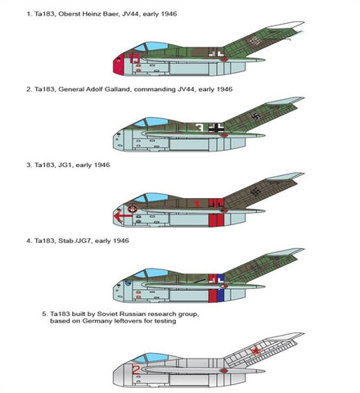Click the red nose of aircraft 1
click(x=119, y=64)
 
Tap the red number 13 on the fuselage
click(x=134, y=58)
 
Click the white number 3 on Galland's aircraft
click(x=200, y=128)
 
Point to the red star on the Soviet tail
click(x=256, y=350)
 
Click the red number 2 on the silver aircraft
click(x=136, y=370)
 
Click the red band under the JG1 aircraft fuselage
click(x=216, y=220)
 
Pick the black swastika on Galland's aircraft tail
click(x=255, y=117)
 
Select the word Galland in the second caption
click(x=118, y=89)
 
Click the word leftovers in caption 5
click(x=128, y=321)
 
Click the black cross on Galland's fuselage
click(x=216, y=128)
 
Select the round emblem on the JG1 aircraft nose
click(x=133, y=210)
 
